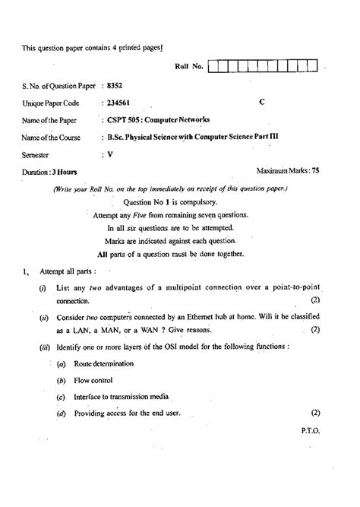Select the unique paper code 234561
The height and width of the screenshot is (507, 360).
pyautogui.click(x=119, y=103)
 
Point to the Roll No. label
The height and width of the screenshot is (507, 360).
pyautogui.click(x=189, y=67)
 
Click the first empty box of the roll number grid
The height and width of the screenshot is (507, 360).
pyautogui.click(x=213, y=67)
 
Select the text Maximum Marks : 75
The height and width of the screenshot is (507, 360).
pyautogui.click(x=289, y=172)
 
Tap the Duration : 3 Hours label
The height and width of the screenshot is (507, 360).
pyautogui.click(x=50, y=173)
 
